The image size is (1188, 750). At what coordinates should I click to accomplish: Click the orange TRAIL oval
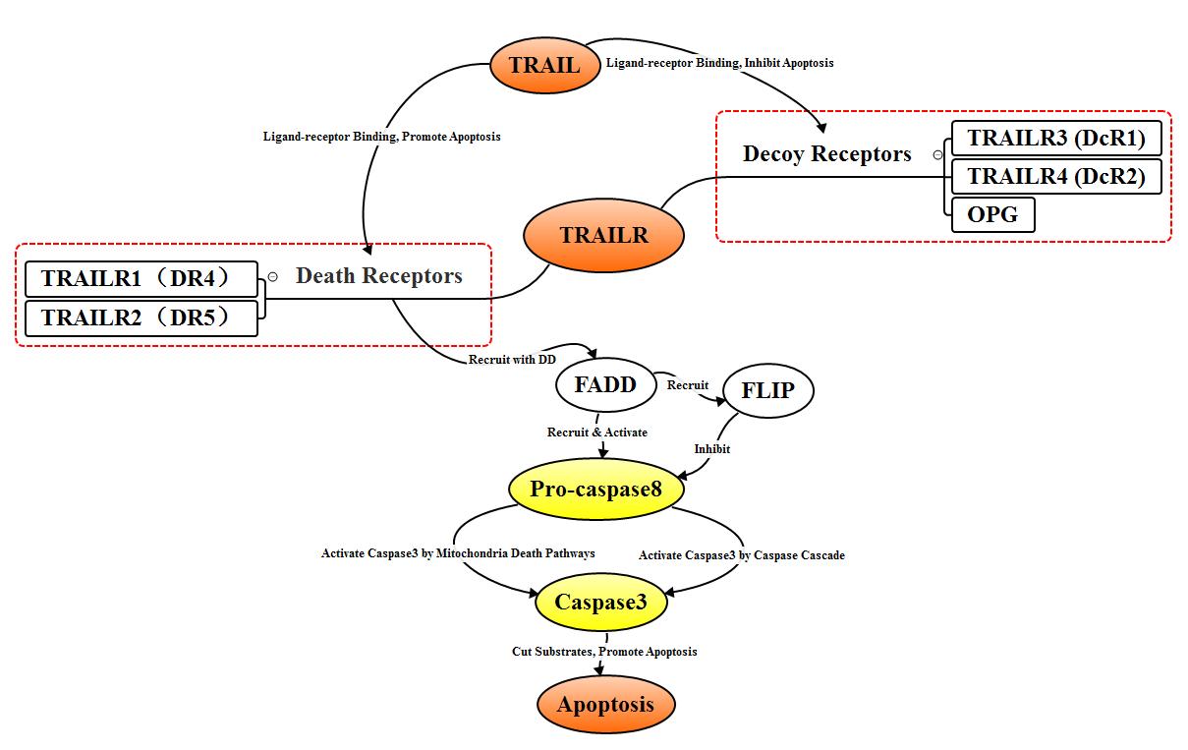[544, 66]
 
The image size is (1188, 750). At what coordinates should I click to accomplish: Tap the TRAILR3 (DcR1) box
[1056, 138]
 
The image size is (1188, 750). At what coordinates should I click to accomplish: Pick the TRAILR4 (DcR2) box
[1056, 176]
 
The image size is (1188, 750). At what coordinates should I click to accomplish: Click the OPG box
[992, 214]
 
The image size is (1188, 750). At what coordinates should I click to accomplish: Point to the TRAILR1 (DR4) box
[141, 279]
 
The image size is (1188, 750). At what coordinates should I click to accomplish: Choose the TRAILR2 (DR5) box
[141, 318]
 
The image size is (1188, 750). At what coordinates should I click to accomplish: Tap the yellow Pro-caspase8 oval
[596, 489]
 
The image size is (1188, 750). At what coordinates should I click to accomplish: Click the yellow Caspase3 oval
[600, 602]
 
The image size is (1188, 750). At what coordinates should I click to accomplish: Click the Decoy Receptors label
[826, 154]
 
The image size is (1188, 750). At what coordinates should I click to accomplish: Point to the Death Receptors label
[378, 276]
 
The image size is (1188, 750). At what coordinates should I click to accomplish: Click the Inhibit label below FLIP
[712, 449]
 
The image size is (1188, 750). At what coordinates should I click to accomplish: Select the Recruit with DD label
[512, 360]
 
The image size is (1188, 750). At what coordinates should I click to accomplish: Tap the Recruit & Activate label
[597, 432]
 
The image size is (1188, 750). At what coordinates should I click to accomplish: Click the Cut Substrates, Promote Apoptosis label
[603, 652]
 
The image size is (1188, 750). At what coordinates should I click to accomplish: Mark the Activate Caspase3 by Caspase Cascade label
[741, 555]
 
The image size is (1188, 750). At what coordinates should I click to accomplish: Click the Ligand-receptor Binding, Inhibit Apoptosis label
[719, 63]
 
